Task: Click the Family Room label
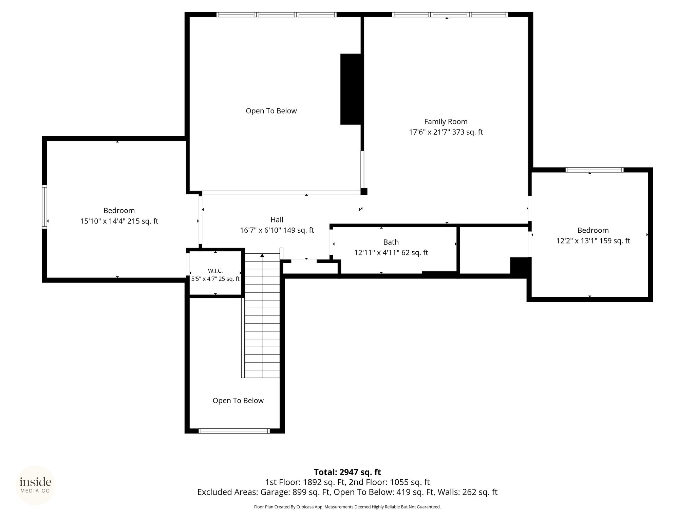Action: [x=446, y=121]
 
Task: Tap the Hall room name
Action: [x=277, y=219]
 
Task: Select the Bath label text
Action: [x=391, y=242]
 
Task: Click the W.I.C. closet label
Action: [x=215, y=271]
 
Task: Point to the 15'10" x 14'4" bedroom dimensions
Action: [x=119, y=221]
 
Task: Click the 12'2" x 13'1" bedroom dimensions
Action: [x=593, y=241]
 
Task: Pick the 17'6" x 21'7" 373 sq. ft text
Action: [x=446, y=132]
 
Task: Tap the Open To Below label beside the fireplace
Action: [x=271, y=111]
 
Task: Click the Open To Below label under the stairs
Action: [x=238, y=401]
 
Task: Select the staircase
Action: [x=262, y=315]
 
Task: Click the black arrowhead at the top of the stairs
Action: [x=262, y=255]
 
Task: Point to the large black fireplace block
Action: [x=351, y=89]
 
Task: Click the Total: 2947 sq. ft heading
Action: [x=347, y=472]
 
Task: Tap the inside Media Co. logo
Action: [x=36, y=485]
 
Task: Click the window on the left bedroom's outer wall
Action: [x=44, y=207]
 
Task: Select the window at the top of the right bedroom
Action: [x=594, y=170]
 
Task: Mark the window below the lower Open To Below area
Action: [x=234, y=431]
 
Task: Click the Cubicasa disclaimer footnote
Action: [x=347, y=507]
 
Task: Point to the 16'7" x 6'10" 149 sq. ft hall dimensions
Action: [x=277, y=230]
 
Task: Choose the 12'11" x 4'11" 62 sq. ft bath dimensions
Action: [x=391, y=253]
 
